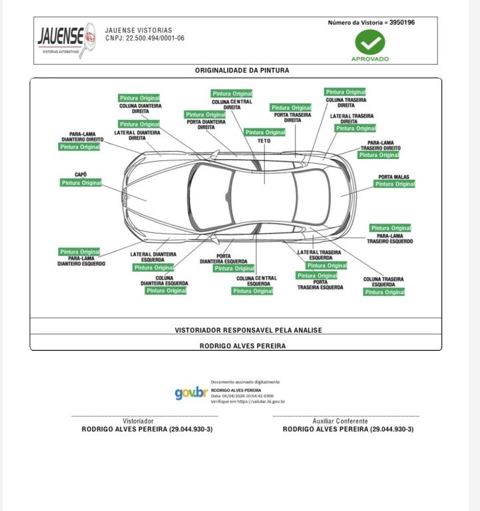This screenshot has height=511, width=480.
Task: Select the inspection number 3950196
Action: (402, 23)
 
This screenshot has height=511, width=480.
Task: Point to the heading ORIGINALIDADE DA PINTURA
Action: (242, 70)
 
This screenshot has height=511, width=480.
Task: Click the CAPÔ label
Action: (81, 174)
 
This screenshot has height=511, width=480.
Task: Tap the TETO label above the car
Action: (264, 141)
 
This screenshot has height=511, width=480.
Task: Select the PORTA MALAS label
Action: (394, 176)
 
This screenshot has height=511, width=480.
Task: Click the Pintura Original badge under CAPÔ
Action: (81, 183)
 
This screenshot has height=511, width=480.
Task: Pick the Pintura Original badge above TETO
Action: (265, 132)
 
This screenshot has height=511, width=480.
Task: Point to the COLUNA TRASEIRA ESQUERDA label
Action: (383, 282)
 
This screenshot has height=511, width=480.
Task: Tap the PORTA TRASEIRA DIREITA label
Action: (292, 118)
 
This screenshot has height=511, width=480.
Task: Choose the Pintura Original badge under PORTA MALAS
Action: (395, 184)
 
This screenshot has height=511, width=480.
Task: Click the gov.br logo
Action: (191, 393)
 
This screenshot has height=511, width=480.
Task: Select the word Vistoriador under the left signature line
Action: (138, 421)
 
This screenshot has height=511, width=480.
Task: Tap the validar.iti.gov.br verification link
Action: (248, 401)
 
